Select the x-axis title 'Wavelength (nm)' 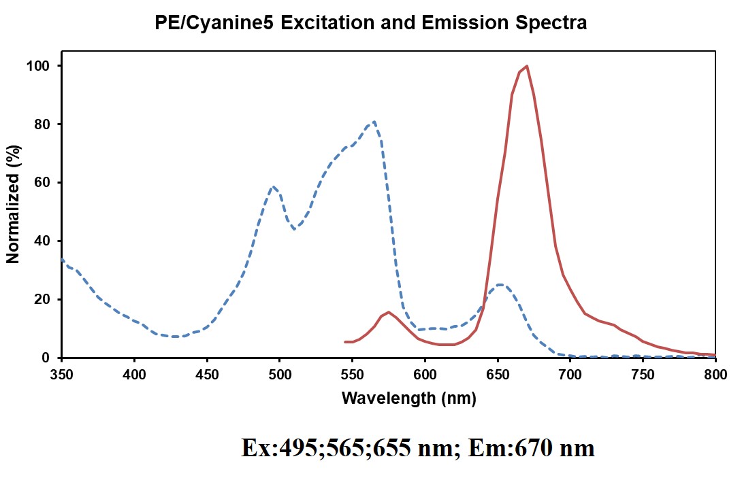[408, 398]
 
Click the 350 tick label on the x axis [62, 374]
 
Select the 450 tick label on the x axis [207, 374]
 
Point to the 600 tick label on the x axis [425, 374]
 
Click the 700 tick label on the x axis [570, 374]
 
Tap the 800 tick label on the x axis [715, 374]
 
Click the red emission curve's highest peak [527, 66]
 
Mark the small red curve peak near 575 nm [389, 312]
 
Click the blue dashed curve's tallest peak [374, 122]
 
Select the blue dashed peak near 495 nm [272, 186]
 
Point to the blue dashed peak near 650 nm [500, 284]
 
